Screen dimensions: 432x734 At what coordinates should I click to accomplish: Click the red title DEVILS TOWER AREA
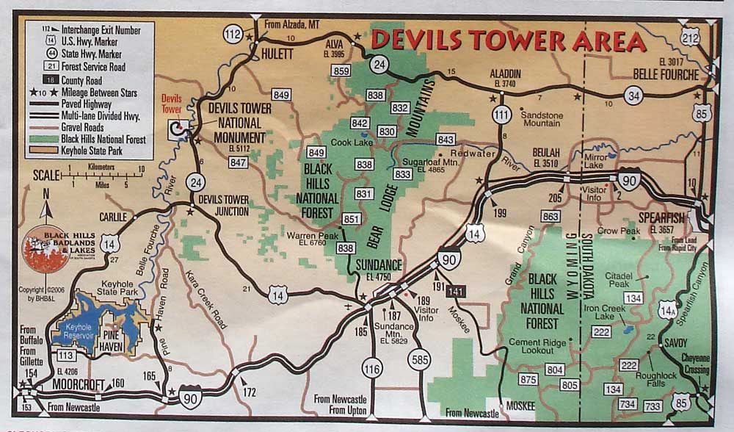[508, 41]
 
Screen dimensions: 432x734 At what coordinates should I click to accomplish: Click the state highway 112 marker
[234, 34]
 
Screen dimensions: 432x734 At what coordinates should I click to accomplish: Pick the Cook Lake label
[347, 143]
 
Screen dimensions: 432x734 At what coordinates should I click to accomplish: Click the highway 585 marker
[419, 359]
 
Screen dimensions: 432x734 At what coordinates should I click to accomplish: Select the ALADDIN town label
[505, 75]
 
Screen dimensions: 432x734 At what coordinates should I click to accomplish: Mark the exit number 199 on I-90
[499, 213]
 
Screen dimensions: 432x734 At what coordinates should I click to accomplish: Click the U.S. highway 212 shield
[690, 36]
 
